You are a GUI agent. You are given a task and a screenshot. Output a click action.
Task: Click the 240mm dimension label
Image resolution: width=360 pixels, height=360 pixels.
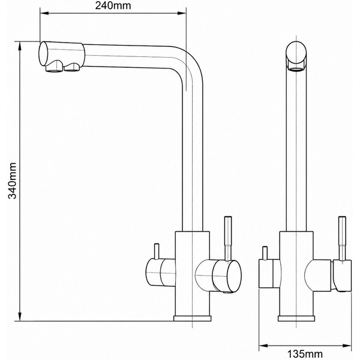(113, 6)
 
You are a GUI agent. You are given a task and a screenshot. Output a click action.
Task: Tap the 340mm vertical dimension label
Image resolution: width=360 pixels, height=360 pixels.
(12, 181)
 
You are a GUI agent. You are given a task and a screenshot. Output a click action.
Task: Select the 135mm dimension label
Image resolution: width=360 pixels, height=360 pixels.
(305, 354)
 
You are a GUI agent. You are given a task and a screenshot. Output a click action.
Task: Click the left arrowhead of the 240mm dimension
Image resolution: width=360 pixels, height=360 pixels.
(44, 13)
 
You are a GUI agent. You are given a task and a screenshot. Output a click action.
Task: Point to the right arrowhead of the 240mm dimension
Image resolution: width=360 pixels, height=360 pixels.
(182, 13)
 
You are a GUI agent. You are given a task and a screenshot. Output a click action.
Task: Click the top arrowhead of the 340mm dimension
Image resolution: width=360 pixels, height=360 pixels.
(20, 46)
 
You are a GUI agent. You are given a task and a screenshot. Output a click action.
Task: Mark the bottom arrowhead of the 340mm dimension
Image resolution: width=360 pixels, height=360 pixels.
(20, 316)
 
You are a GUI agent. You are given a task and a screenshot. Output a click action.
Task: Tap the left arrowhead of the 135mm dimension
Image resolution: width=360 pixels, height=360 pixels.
(263, 346)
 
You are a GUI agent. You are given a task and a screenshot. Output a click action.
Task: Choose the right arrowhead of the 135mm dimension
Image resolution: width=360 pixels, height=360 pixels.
(347, 346)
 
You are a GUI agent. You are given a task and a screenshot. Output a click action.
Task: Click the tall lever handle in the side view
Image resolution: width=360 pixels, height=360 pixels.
(228, 238)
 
